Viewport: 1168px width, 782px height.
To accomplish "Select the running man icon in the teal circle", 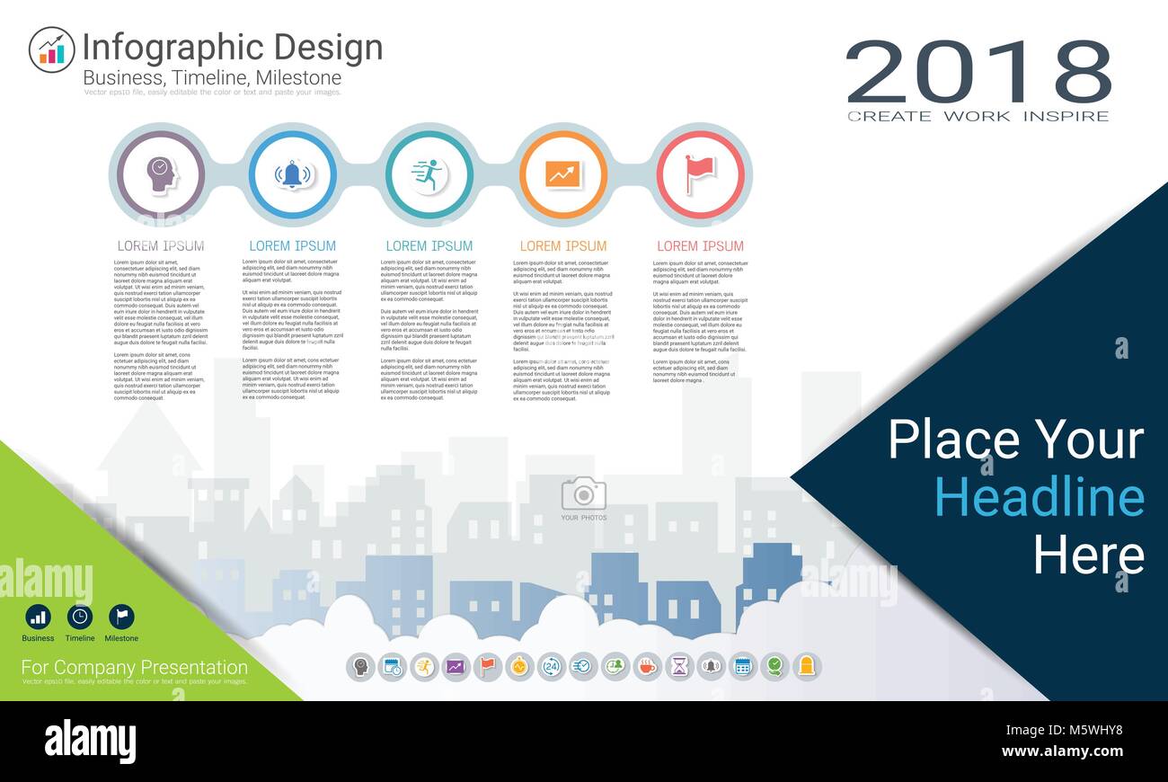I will tap(429, 173).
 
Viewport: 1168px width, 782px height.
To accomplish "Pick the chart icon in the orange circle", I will tap(563, 173).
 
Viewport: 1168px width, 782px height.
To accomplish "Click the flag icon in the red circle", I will tap(699, 173).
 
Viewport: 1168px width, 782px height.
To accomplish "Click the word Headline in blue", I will tap(1040, 496).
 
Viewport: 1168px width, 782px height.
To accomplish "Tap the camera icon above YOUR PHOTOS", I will tap(583, 493).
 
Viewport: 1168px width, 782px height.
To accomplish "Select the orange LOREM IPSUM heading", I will tap(563, 245).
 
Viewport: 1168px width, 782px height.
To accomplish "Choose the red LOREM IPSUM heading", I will tap(700, 245).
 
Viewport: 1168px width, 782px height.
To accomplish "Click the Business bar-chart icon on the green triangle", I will tap(38, 617).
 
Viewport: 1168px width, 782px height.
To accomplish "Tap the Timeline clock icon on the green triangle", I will tap(80, 617).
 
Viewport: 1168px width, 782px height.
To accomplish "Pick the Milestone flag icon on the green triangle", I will tap(121, 617).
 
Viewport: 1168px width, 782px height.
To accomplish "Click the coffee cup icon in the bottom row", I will tap(646, 666).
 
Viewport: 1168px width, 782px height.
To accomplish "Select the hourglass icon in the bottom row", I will tap(678, 666).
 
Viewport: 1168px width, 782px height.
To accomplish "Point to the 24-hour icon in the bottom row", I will tap(550, 666).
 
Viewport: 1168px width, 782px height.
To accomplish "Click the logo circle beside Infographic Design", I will tap(51, 49).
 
